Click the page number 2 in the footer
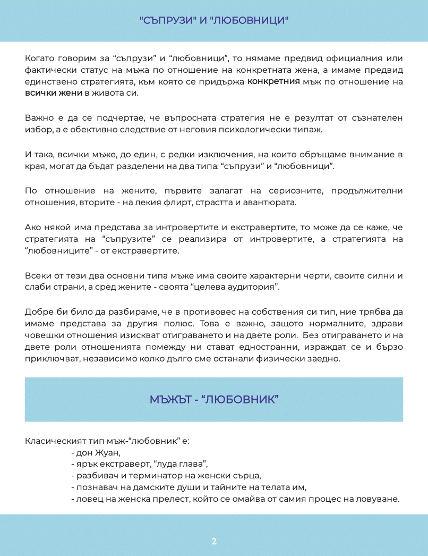tap(214, 542)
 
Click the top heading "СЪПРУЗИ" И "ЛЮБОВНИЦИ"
tap(214, 21)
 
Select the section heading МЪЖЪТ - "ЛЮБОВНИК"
tap(214, 399)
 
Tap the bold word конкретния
tap(273, 82)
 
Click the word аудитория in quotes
tap(257, 287)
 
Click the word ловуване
tap(379, 499)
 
